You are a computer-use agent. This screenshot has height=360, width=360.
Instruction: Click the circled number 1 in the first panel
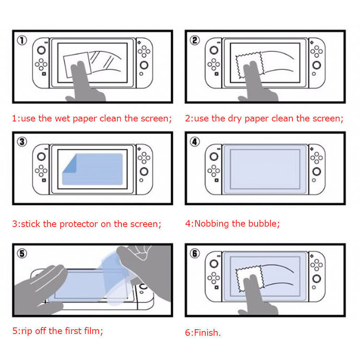pos(22,40)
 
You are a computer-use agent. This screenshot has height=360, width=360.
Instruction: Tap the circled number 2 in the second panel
pos(195,40)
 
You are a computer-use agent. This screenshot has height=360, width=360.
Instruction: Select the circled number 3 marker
pos(22,142)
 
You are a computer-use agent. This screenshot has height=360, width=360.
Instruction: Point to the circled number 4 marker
pos(195,142)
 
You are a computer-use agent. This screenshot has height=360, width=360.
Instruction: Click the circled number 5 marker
pos(22,253)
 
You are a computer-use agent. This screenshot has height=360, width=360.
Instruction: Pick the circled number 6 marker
pos(195,253)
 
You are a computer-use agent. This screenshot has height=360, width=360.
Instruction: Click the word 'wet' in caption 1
pos(62,119)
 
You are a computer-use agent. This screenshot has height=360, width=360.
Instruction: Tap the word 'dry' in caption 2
pos(235,119)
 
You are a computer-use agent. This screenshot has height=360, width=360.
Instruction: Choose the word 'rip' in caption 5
pos(26,332)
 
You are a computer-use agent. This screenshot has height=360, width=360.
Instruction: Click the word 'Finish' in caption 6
pos(206,333)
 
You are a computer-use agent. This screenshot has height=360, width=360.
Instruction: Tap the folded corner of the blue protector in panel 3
pos(70,164)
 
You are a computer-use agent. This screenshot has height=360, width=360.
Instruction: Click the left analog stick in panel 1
pos(41,50)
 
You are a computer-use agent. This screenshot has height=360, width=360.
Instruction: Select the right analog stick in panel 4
pos(317,171)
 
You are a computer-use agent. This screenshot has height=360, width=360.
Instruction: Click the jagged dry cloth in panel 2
pos(249,65)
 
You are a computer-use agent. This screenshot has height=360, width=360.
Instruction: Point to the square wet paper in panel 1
pos(77,65)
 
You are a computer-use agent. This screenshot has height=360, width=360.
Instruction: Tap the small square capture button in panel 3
pos(44,180)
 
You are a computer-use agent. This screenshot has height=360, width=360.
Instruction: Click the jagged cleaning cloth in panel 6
pos(249,279)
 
